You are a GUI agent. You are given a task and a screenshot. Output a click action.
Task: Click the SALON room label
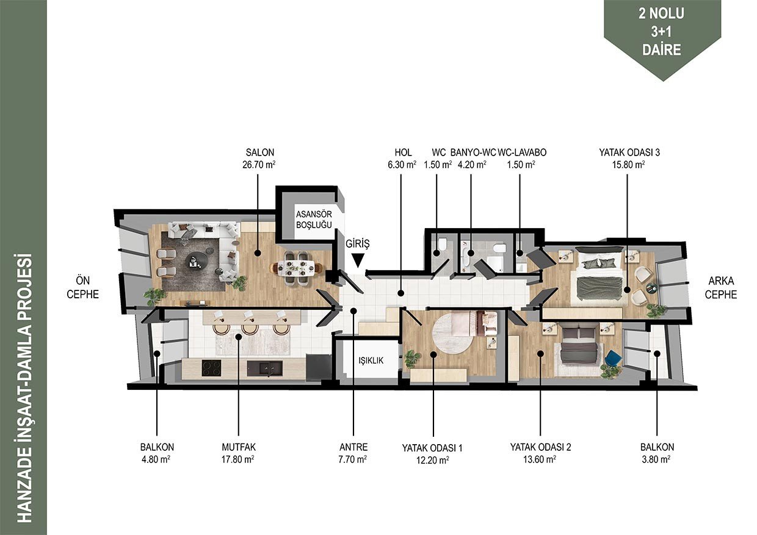click(259, 153)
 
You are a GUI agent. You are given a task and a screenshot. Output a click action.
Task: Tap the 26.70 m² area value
click(259, 165)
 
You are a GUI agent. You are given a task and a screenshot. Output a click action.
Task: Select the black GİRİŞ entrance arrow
click(358, 260)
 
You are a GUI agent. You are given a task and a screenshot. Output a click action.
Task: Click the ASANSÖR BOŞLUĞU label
click(314, 220)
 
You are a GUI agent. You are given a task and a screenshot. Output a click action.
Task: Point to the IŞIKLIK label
click(371, 361)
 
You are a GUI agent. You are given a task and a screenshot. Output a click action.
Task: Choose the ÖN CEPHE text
click(83, 287)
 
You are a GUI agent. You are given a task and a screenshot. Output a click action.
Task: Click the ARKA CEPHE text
click(720, 287)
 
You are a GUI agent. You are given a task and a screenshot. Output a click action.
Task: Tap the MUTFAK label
click(239, 447)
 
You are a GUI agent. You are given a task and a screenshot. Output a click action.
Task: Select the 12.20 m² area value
click(433, 461)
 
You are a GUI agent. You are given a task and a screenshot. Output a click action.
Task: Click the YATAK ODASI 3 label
click(629, 153)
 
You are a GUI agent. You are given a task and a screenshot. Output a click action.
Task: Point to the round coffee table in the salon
click(197, 260)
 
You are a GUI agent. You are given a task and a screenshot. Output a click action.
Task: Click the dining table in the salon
click(297, 268)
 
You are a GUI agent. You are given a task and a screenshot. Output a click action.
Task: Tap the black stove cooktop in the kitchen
click(212, 368)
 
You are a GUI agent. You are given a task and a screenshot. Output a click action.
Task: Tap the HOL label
click(403, 153)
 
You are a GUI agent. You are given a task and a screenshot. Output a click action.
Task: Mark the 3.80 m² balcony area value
click(656, 459)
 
